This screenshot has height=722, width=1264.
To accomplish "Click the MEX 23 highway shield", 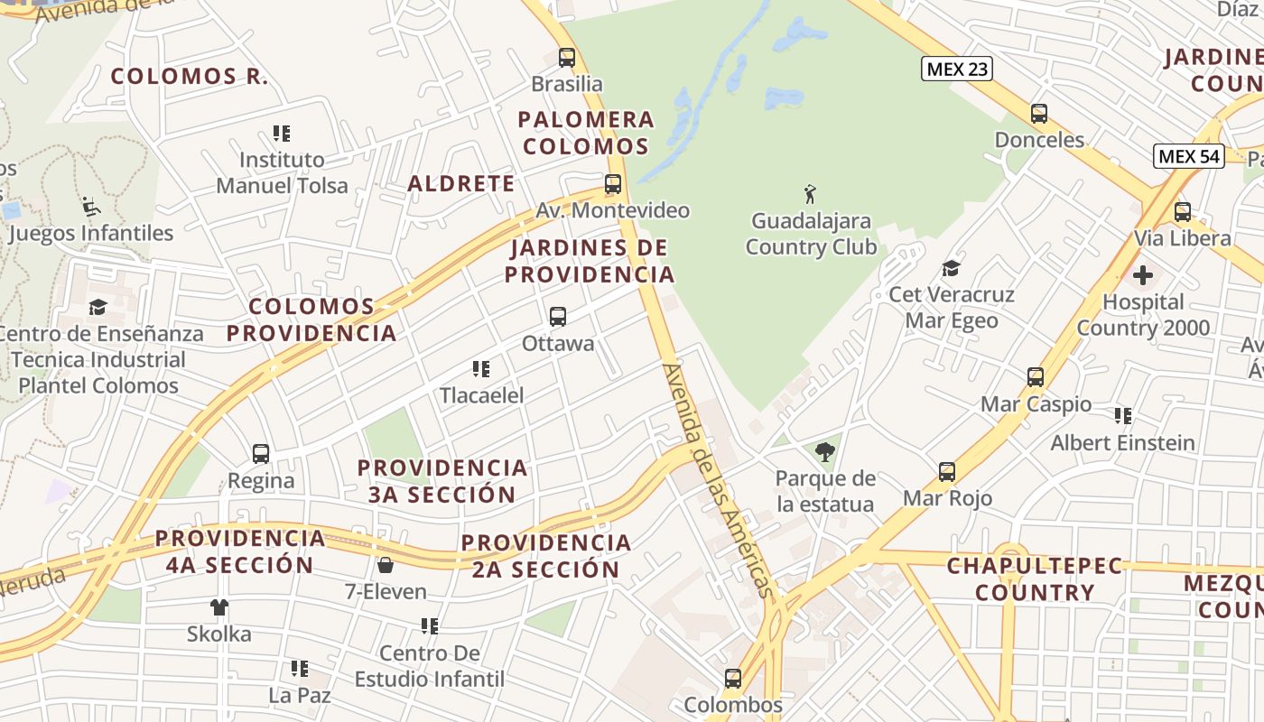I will [x=956, y=68].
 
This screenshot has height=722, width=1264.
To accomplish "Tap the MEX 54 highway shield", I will [x=1189, y=156].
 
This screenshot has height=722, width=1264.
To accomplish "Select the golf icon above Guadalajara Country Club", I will [x=811, y=193].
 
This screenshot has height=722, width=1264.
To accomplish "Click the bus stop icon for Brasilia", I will [x=567, y=58].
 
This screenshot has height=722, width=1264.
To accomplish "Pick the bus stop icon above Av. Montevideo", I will [x=613, y=184].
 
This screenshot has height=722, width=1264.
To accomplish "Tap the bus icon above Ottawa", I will [x=558, y=317].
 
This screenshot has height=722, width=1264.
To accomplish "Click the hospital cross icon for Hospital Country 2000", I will [x=1143, y=274].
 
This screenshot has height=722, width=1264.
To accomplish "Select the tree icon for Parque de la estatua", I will [x=824, y=452].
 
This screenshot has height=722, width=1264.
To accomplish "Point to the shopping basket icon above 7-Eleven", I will [x=386, y=566].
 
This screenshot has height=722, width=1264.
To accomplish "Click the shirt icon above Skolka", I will [x=219, y=607].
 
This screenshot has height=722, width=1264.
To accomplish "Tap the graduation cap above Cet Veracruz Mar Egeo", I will [x=951, y=268].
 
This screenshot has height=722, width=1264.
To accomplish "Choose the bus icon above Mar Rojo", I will [x=947, y=471].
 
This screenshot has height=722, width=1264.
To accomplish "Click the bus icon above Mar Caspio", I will [x=1036, y=377].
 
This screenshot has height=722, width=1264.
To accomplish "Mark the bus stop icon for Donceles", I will [x=1039, y=114].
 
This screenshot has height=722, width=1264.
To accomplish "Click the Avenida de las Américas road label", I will [x=720, y=480].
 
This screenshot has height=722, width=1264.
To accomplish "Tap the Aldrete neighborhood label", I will [x=461, y=184].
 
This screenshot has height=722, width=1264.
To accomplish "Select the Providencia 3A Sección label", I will [x=442, y=481].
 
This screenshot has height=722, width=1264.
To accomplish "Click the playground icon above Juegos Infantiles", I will [x=90, y=207].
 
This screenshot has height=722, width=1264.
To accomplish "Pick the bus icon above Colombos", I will [x=733, y=678].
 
